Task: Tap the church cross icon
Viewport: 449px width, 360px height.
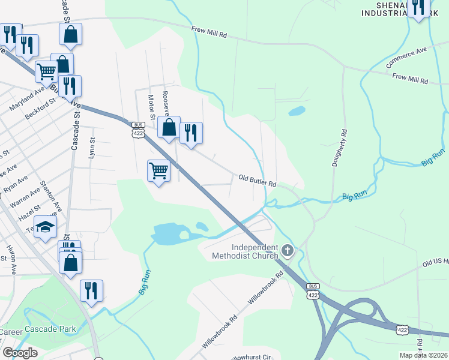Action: (288, 250)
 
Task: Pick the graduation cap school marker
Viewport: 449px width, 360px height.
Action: (44, 227)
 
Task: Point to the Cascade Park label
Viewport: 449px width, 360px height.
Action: (55, 329)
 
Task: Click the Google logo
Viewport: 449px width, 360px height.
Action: (20, 353)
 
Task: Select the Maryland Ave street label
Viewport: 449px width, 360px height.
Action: (26, 99)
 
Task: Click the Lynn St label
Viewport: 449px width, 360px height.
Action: (92, 148)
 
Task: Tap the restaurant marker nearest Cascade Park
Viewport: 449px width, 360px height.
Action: (91, 290)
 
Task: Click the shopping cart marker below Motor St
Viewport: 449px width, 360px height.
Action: (159, 170)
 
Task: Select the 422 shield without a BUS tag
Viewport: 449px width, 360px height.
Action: (403, 330)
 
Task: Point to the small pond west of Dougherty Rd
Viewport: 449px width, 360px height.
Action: (297, 111)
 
